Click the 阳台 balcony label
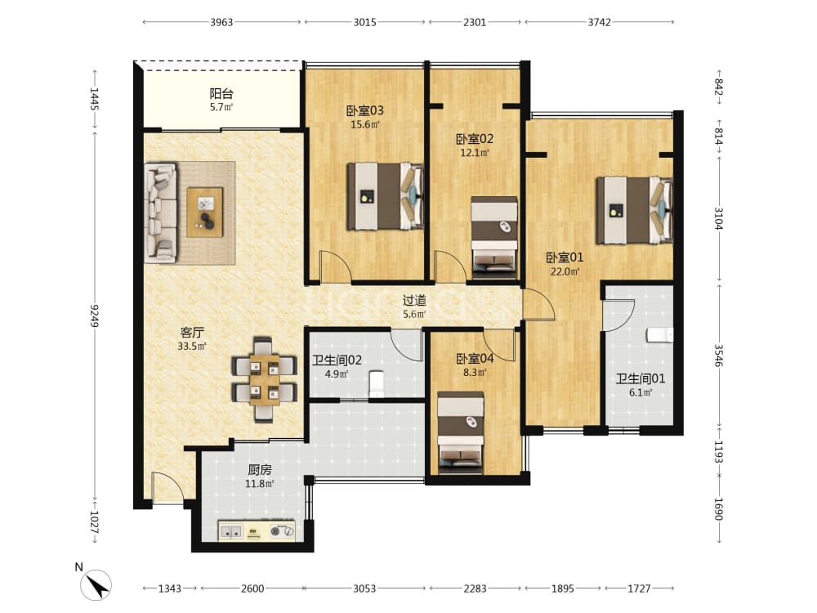(221, 94)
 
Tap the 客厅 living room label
(192, 332)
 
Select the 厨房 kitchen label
(260, 470)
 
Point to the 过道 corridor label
(414, 300)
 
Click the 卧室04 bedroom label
(475, 359)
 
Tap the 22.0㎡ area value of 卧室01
(565, 271)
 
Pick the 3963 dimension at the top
(221, 22)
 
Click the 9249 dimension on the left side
(94, 315)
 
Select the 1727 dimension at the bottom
(639, 588)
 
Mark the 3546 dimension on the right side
(718, 355)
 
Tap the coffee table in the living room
(205, 213)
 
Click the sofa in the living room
(160, 213)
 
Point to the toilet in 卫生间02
(376, 384)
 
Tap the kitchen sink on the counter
(230, 532)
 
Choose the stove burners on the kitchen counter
(282, 531)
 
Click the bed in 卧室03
(385, 196)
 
